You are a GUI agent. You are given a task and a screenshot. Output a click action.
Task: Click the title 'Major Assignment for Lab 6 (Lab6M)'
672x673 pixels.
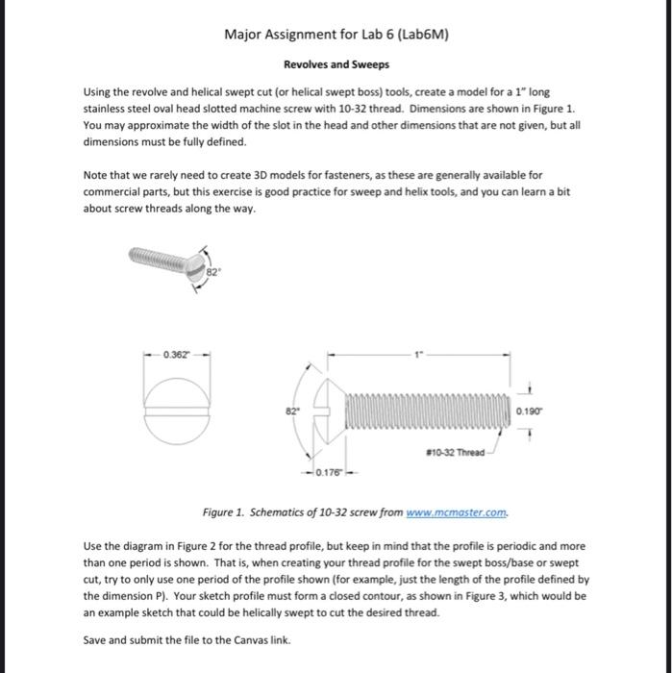(x=336, y=36)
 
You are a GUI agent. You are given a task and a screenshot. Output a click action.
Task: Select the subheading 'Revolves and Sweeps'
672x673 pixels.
(x=336, y=65)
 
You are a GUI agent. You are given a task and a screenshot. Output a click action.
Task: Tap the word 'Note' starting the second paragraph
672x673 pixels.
(x=96, y=176)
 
